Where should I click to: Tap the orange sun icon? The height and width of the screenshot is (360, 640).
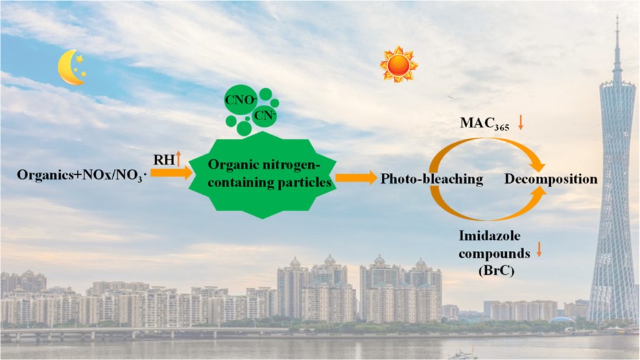399,64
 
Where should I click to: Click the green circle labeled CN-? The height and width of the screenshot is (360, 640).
264,116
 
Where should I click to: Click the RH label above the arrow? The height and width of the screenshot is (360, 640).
164,160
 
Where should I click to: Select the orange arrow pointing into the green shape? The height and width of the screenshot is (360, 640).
172,173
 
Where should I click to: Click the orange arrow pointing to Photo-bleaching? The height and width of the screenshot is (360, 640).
356,178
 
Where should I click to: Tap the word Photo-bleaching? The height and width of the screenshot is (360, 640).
432,179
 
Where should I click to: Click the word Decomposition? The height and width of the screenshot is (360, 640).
551,179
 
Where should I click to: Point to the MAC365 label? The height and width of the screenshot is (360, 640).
484,123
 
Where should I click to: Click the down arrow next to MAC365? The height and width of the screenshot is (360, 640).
521,123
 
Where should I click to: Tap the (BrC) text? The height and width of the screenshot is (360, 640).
496,271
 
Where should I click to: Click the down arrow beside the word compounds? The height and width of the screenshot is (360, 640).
538,250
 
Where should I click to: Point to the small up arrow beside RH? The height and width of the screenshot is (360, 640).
178,158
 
